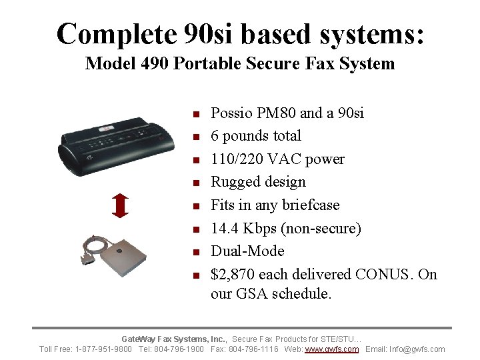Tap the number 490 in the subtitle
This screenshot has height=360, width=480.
[x=156, y=64]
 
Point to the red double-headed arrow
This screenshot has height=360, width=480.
[x=120, y=206]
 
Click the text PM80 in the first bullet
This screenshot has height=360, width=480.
[x=267, y=113]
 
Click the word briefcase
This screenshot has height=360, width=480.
[x=311, y=205]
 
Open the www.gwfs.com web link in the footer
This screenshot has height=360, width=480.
[x=332, y=349]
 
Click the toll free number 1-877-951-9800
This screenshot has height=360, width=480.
[x=103, y=349]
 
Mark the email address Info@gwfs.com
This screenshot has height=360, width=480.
[x=419, y=349]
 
